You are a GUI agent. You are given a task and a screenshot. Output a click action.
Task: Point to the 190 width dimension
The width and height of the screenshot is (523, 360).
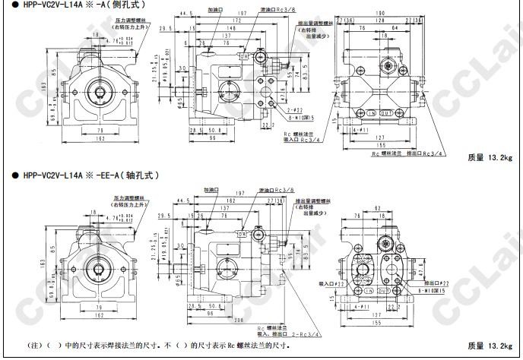click(378, 13)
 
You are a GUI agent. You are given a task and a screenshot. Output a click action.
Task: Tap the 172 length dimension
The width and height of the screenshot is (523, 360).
click(231, 20)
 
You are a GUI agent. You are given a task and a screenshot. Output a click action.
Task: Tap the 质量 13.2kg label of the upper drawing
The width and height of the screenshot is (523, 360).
click(490, 158)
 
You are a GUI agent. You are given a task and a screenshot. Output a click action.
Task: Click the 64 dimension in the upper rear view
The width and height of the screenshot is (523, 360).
click(396, 27)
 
